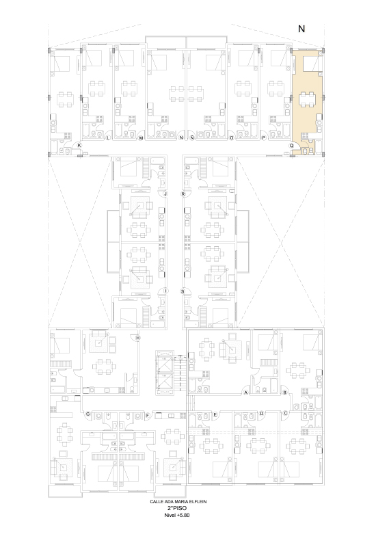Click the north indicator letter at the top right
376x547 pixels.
click(301, 29)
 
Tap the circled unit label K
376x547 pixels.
click(79, 145)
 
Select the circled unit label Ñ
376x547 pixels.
click(192, 138)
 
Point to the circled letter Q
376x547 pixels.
click(291, 146)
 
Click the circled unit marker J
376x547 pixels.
click(165, 194)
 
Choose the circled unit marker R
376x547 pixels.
click(183, 194)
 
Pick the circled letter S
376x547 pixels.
click(183, 291)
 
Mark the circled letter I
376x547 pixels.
click(165, 291)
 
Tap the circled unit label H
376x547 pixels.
click(138, 338)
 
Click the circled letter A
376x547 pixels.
click(246, 392)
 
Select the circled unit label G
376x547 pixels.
click(88, 414)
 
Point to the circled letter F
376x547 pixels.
click(148, 415)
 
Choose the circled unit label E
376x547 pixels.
click(215, 414)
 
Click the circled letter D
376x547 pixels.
click(262, 414)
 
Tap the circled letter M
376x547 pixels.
click(142, 138)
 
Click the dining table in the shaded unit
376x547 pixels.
click(307, 99)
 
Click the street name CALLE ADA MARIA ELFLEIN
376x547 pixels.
click(178, 502)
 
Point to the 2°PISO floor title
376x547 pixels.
click(177, 508)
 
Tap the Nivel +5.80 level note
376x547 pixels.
click(177, 516)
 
